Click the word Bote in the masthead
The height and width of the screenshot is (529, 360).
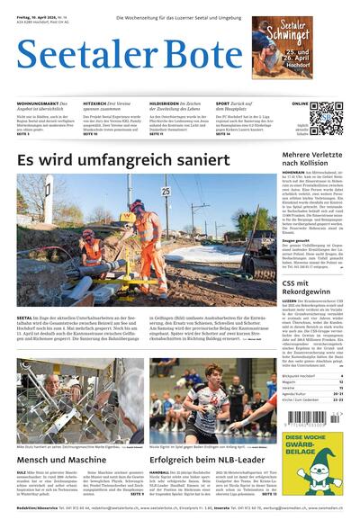point(190,57)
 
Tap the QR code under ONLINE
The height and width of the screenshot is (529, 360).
point(326,118)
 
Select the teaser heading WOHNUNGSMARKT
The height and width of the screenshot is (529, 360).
point(40,104)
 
